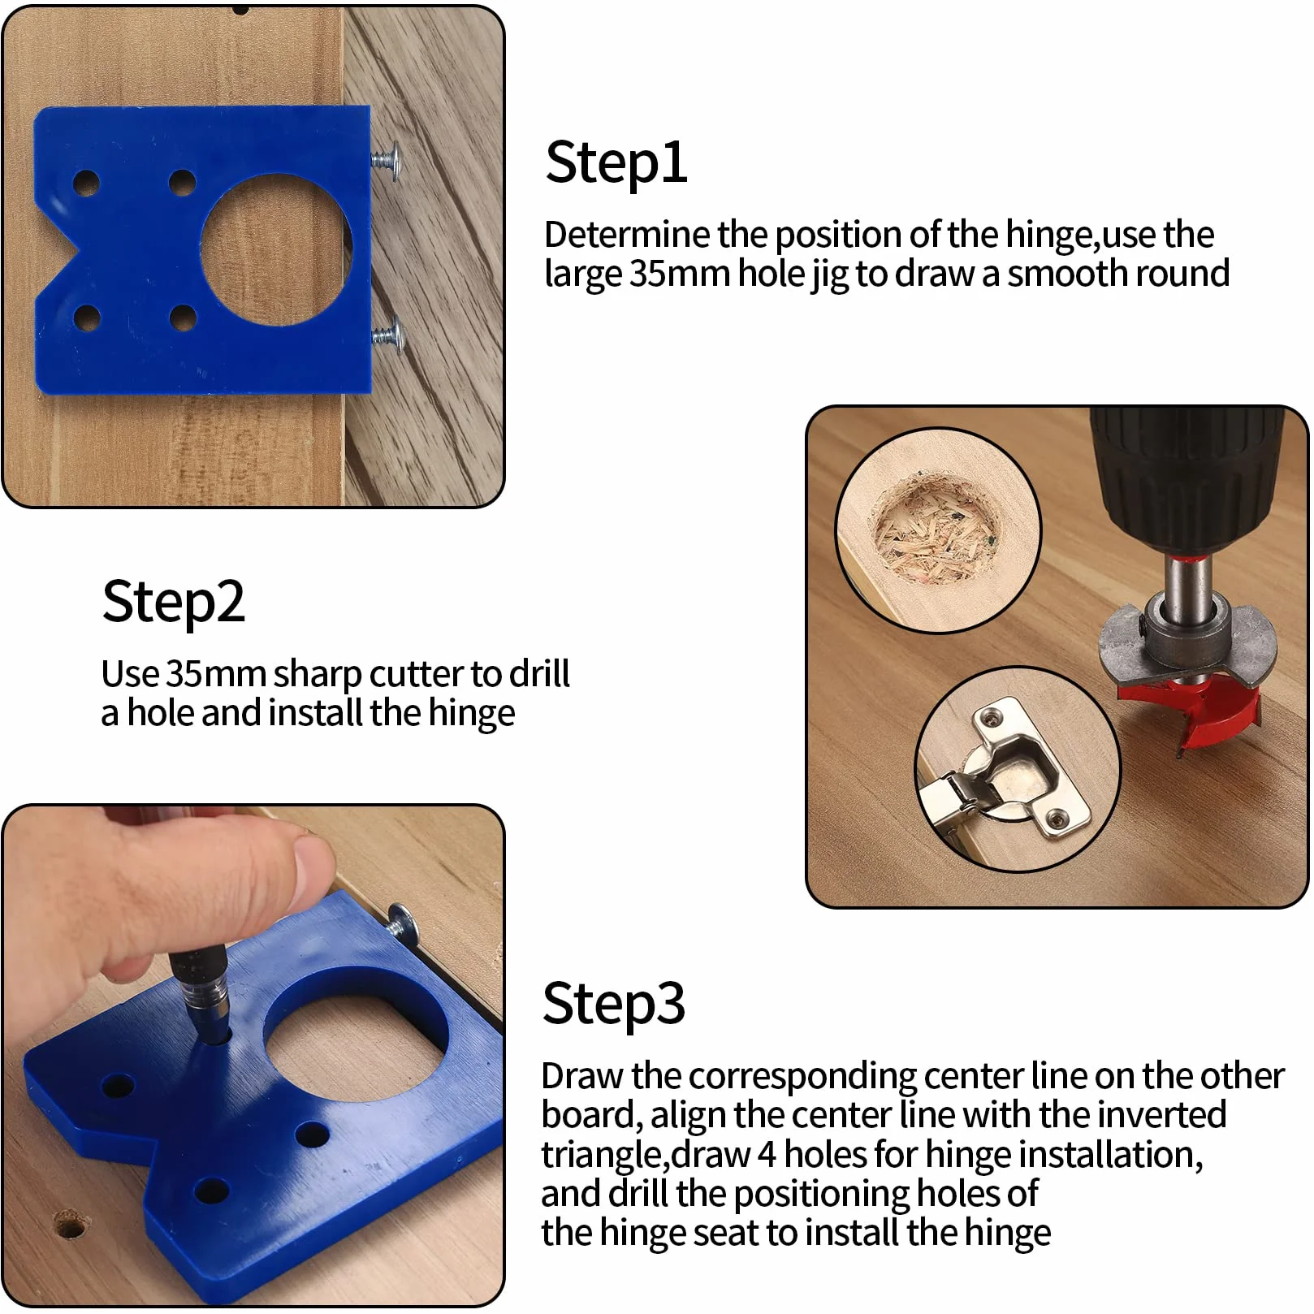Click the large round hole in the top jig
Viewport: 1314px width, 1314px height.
(276, 249)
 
